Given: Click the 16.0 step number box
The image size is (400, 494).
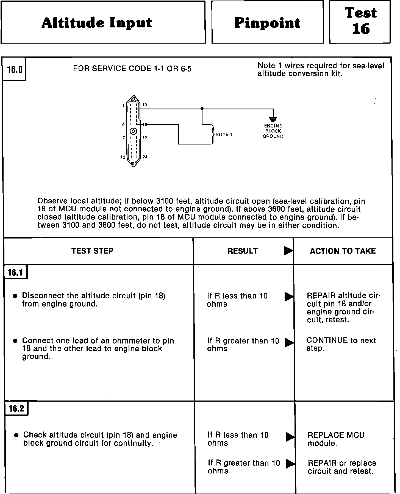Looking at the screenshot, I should [x=15, y=70].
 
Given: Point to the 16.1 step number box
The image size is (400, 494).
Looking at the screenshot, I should [x=16, y=272].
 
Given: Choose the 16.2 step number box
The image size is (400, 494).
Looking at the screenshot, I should [x=16, y=409].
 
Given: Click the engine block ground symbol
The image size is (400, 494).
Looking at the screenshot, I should [x=273, y=119].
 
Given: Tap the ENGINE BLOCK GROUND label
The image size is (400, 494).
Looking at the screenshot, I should [x=273, y=131].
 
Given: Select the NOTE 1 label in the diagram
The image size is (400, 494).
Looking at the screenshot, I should [x=224, y=134].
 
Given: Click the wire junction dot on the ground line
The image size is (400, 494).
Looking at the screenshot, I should [x=202, y=109].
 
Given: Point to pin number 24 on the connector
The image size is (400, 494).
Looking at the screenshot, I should [x=145, y=157].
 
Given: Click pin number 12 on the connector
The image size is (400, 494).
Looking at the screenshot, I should [x=123, y=157].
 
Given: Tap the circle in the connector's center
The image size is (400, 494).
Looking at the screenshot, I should [x=134, y=132].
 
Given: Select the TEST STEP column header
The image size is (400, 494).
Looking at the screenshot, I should [x=92, y=251].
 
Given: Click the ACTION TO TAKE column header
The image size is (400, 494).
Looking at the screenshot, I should [x=343, y=251].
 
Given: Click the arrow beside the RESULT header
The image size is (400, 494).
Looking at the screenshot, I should [x=288, y=251].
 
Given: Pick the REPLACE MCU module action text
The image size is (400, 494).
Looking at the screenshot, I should [x=336, y=439].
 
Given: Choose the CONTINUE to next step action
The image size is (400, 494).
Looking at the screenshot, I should [x=341, y=344].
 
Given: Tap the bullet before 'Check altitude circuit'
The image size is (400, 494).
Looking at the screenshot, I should [x=16, y=435].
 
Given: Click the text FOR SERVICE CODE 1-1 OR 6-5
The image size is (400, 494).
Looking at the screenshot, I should [x=132, y=69].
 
